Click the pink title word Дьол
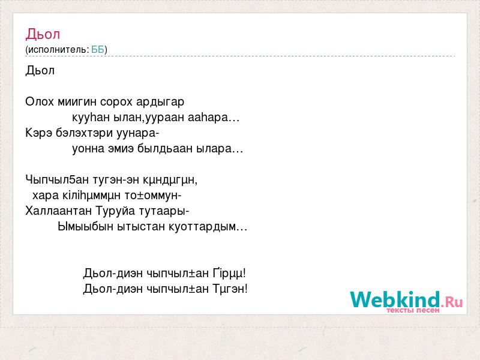(43, 34)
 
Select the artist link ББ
(98, 49)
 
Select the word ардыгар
(160, 102)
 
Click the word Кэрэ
(38, 133)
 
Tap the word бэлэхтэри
(84, 133)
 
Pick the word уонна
(88, 149)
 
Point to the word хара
(46, 196)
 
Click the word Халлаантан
(58, 211)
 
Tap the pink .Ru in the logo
(452, 302)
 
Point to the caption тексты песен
(413, 310)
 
